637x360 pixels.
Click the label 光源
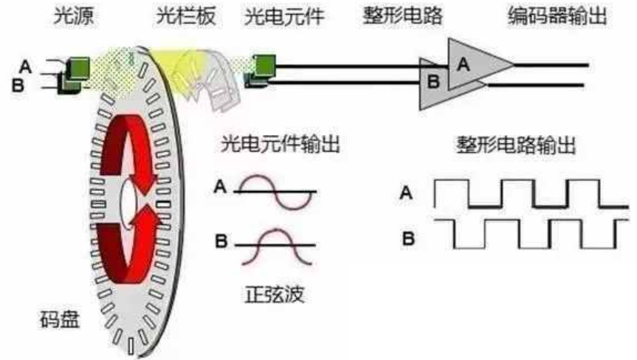[69, 15]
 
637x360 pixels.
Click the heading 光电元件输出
[280, 145]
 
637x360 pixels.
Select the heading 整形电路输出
[517, 145]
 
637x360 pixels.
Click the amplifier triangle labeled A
[472, 66]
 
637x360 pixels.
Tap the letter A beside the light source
[26, 66]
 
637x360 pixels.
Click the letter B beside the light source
[18, 86]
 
